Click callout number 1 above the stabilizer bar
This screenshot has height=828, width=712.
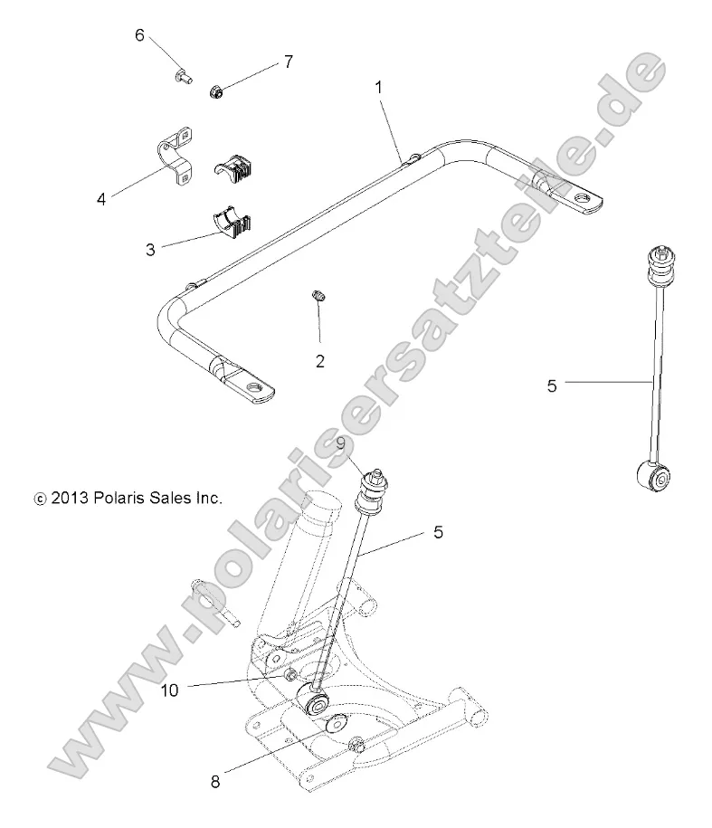point(378,88)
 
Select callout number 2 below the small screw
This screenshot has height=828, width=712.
point(320,362)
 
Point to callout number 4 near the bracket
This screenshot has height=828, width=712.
point(101,198)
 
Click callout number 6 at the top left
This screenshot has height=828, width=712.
point(139,35)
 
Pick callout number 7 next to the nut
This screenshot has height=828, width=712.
point(288,62)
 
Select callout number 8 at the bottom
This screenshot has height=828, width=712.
point(215,782)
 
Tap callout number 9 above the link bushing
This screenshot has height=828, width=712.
point(340,443)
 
